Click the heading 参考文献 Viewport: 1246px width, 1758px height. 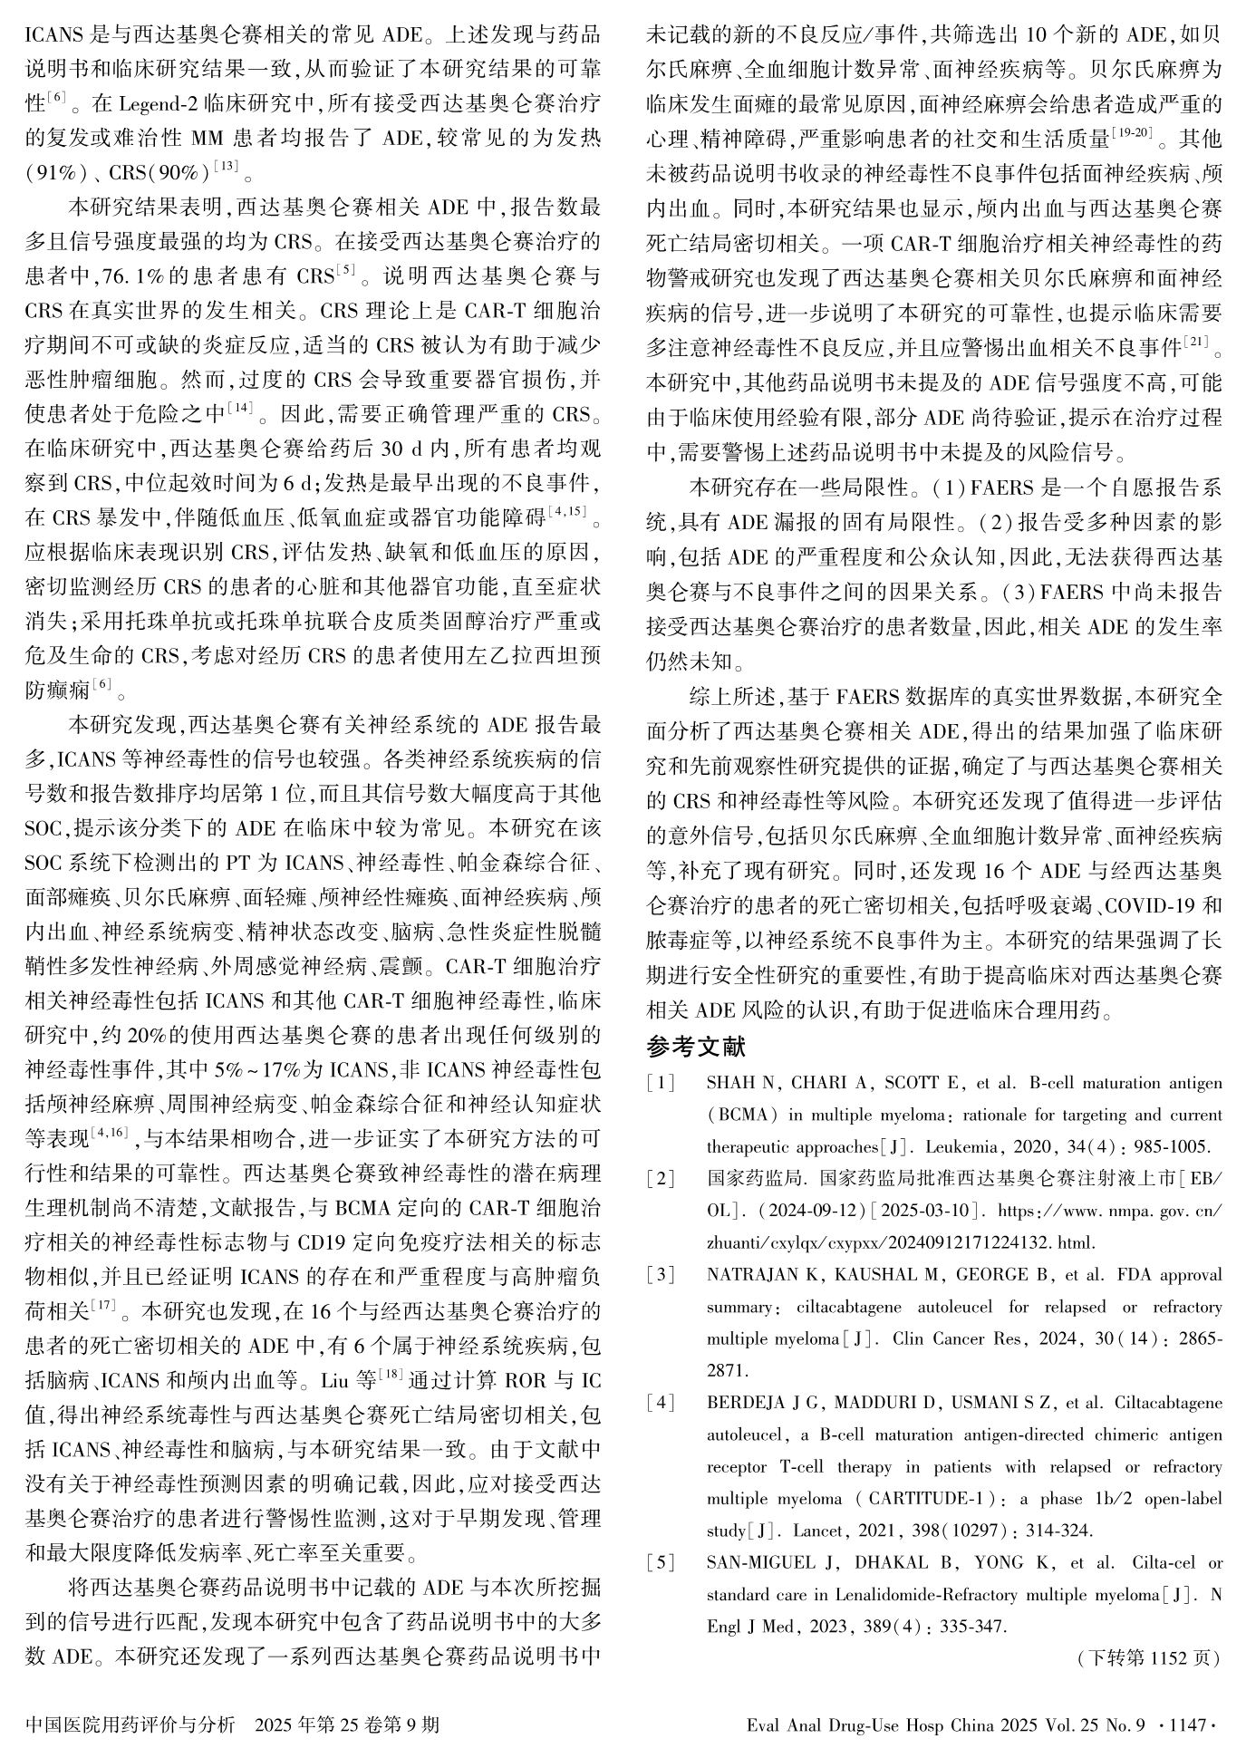(x=696, y=1048)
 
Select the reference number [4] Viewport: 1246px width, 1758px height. (x=661, y=1404)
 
